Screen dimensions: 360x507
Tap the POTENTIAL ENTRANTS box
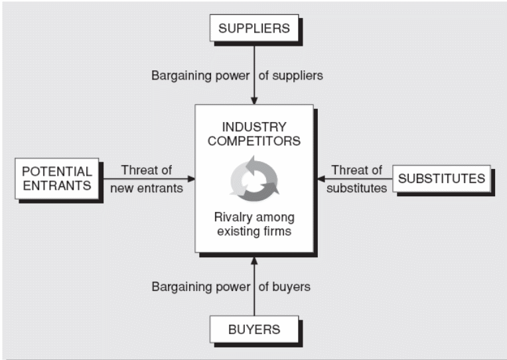coord(56,177)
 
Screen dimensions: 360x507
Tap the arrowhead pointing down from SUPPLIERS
coord(254,101)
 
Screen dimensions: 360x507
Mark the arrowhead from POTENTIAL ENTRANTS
coord(191,178)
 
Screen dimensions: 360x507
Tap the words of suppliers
coord(291,76)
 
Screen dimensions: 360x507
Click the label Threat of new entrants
coord(146,178)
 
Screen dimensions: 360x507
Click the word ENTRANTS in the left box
coord(56,185)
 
